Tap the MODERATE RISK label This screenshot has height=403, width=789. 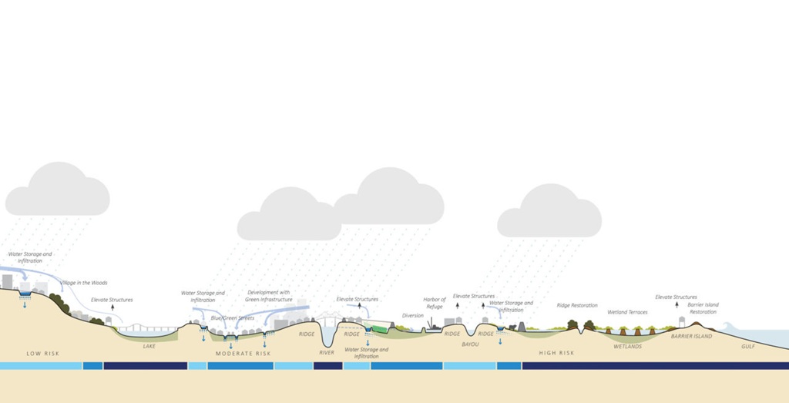243,354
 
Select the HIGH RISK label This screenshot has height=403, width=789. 556,353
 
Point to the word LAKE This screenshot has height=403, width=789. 149,346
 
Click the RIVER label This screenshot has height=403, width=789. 327,353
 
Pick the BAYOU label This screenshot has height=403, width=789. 470,344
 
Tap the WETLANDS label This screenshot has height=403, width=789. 627,347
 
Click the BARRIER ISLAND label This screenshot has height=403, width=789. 691,337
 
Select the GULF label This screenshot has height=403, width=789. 748,347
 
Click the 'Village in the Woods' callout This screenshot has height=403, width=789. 84,283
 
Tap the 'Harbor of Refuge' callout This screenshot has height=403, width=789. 435,303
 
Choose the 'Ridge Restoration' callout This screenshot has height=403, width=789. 576,305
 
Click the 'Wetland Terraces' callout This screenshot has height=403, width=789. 627,312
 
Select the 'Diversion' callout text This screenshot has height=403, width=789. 413,315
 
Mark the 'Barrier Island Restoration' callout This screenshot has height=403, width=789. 703,308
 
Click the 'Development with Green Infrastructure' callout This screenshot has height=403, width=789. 269,296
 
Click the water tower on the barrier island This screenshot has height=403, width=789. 681,321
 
